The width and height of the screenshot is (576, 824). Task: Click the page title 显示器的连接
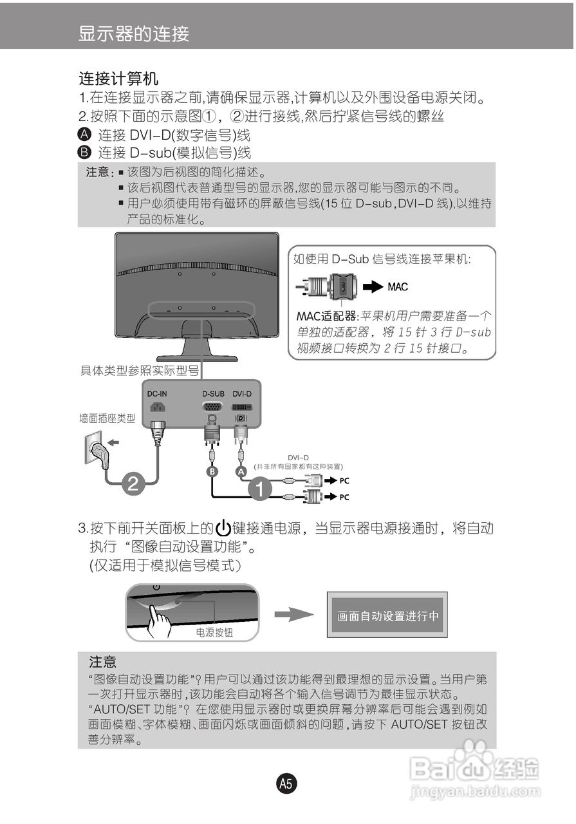134,33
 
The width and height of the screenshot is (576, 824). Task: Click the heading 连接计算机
118,80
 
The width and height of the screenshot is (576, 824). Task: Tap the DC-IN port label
157,393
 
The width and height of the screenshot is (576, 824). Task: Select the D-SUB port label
213,393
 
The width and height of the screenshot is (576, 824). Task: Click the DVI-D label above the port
242,393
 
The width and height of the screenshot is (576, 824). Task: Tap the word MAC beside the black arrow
398,286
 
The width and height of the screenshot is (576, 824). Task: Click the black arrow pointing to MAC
373,286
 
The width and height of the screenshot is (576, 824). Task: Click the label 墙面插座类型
107,418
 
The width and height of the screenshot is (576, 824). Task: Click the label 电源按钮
214,633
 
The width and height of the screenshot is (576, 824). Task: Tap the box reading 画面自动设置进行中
387,615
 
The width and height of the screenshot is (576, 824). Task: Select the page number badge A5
286,783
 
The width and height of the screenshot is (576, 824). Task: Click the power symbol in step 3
223,529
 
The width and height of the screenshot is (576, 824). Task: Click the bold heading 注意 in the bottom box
103,662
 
